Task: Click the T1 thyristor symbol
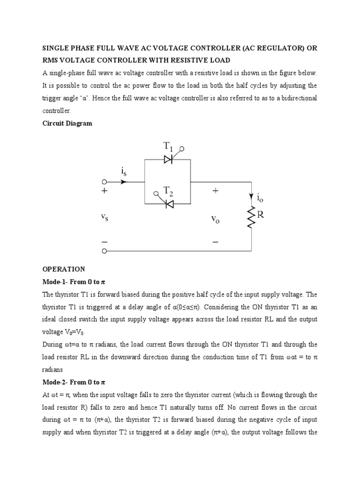[168, 159]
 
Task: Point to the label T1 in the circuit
[168, 147]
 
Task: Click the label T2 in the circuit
[168, 191]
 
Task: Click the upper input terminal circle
[105, 181]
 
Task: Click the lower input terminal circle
[105, 251]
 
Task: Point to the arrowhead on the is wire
[124, 181]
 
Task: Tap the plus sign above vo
[215, 191]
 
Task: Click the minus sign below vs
[104, 242]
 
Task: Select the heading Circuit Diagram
[67, 124]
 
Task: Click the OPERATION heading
[64, 269]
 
